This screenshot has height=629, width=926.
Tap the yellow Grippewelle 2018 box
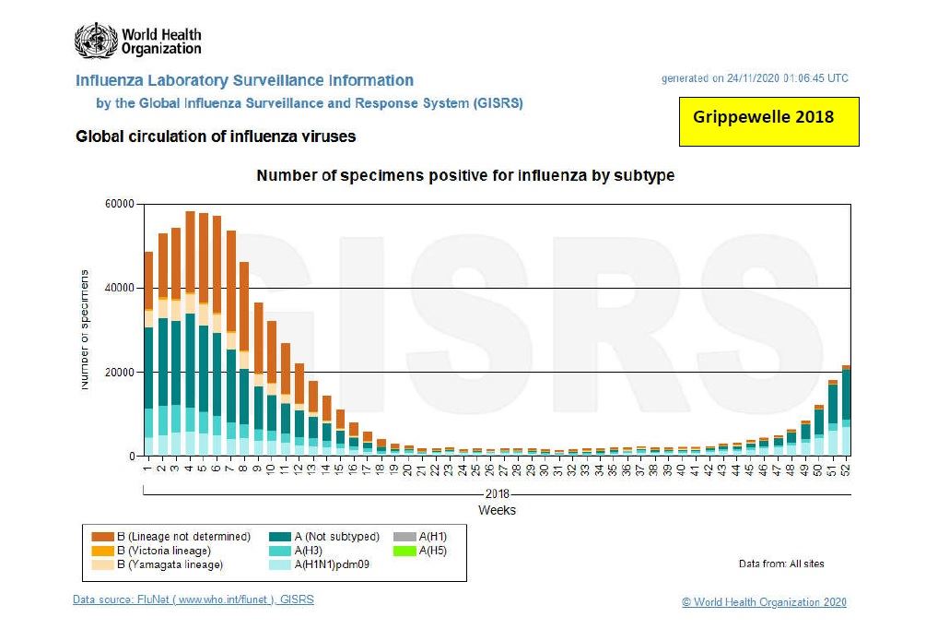click(768, 123)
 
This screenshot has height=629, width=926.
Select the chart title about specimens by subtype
click(465, 175)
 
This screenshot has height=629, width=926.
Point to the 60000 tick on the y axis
click(120, 204)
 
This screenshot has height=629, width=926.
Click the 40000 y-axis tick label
click(120, 288)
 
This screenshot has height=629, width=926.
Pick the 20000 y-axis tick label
click(120, 372)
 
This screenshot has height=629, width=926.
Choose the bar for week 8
click(244, 360)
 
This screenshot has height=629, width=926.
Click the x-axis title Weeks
click(497, 510)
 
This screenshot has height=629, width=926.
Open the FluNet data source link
click(193, 600)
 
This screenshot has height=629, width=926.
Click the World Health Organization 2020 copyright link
click(764, 602)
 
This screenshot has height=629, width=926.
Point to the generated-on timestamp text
click(755, 78)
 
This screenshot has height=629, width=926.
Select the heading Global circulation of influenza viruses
click(216, 136)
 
